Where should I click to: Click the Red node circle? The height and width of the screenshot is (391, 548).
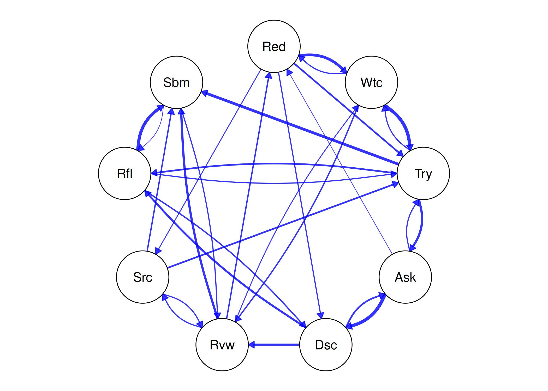(x=274, y=46)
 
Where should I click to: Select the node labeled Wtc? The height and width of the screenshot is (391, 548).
(x=371, y=82)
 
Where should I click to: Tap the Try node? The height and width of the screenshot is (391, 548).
(x=423, y=173)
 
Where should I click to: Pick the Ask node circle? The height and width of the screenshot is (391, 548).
(x=405, y=277)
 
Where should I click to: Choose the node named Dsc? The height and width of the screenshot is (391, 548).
(x=326, y=345)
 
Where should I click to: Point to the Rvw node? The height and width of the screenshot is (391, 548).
(x=222, y=345)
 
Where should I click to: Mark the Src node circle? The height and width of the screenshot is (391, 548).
(x=142, y=277)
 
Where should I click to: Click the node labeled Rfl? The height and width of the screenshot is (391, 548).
(x=125, y=173)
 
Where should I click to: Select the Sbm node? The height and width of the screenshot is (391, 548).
(x=176, y=82)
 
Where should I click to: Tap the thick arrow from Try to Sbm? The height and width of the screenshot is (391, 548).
(x=300, y=127)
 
